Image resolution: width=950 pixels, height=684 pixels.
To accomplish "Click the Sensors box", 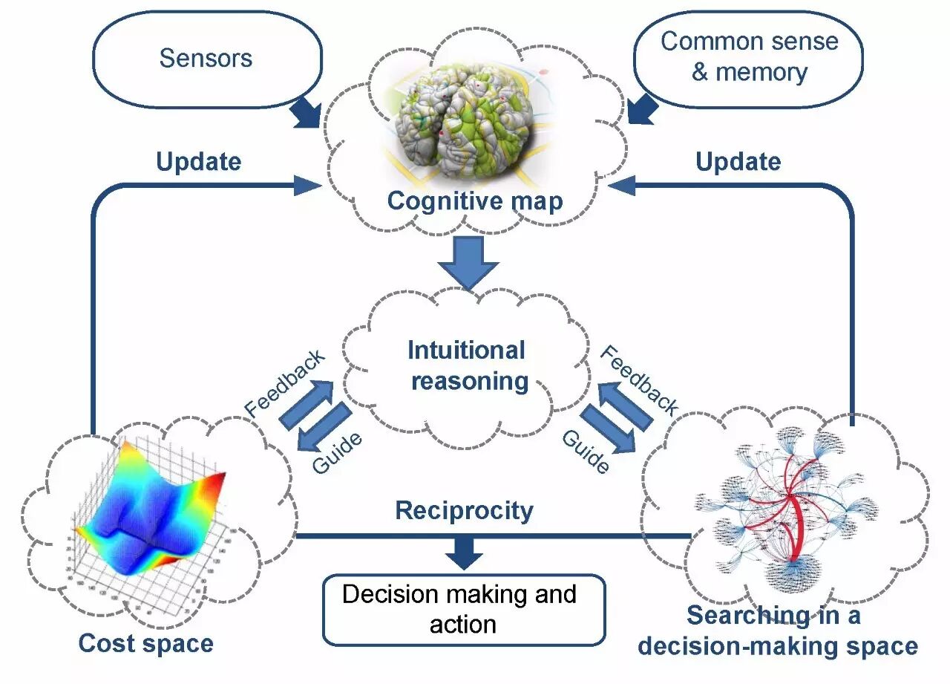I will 206,59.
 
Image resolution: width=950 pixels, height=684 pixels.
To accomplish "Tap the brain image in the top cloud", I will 466,122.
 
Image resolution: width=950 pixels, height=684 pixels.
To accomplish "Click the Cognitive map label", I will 475,201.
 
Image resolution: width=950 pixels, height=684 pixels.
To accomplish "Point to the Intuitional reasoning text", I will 468,365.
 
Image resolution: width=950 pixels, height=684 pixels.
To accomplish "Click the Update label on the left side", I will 198,161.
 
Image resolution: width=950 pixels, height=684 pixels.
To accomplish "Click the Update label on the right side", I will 738,161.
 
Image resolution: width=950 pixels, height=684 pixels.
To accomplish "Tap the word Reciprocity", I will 464,511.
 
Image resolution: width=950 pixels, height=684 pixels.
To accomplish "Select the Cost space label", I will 146,643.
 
